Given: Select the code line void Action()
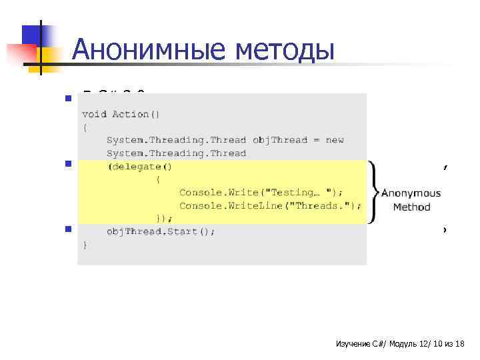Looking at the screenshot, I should tap(121, 115).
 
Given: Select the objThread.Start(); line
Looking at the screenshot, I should tap(161, 231).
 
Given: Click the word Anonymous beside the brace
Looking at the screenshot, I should tap(411, 193).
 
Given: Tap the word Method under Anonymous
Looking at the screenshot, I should tap(411, 207).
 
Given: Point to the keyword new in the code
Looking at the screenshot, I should tap(335, 140).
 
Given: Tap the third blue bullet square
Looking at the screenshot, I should tap(68, 230).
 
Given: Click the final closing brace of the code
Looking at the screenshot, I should tap(85, 245).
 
